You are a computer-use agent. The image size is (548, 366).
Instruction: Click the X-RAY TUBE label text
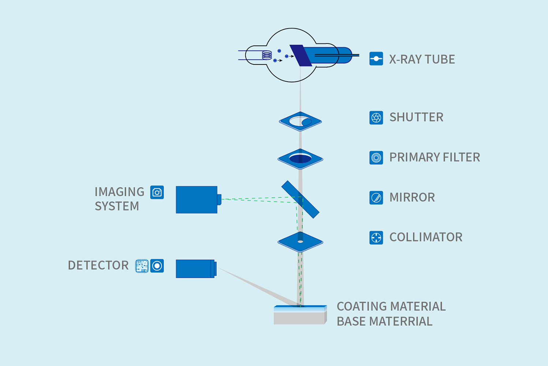(x=422, y=59)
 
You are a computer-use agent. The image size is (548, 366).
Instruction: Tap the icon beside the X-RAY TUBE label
(x=376, y=59)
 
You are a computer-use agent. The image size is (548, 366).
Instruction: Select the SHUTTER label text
(x=416, y=117)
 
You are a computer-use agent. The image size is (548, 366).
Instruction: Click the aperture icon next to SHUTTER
(x=376, y=117)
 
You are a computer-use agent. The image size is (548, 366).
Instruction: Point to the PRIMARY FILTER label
(x=435, y=157)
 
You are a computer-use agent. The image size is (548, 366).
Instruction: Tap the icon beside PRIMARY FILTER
(x=376, y=158)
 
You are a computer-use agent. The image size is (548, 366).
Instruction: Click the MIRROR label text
(x=412, y=197)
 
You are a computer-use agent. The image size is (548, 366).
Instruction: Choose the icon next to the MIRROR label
(x=376, y=198)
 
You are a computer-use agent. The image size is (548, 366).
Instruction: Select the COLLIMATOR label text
(x=426, y=237)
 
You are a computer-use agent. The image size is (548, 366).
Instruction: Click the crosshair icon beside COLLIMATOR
(x=376, y=238)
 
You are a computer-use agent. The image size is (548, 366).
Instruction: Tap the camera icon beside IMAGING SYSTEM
(x=157, y=193)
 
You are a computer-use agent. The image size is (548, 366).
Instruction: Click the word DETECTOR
(x=98, y=265)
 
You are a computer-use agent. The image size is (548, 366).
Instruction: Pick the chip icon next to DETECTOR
(x=142, y=266)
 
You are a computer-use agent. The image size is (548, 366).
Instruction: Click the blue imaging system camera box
(x=197, y=199)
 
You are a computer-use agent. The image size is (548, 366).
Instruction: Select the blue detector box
(x=195, y=269)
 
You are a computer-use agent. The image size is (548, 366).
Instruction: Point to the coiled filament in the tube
(x=267, y=55)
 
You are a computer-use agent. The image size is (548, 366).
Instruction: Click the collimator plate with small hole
(x=289, y=242)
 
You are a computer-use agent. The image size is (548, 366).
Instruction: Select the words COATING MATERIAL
(x=391, y=306)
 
